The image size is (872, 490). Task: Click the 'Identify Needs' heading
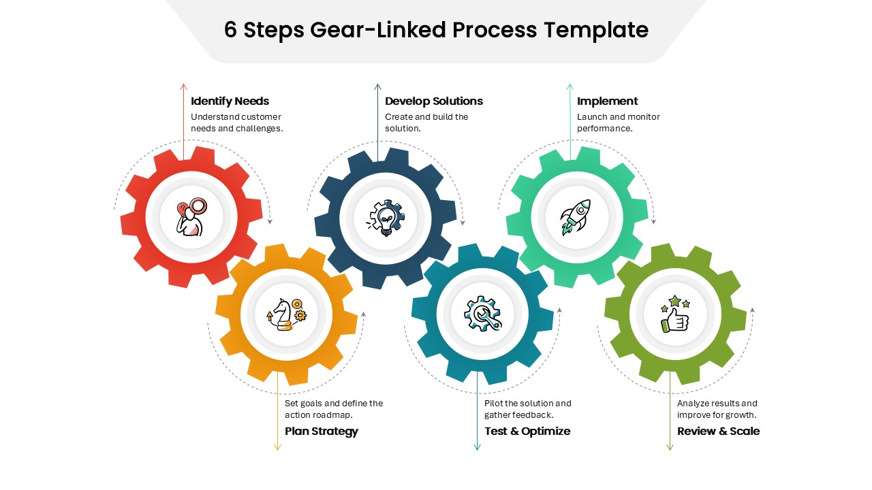(230, 101)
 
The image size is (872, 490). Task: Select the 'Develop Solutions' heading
(433, 101)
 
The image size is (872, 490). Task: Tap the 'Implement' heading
(607, 101)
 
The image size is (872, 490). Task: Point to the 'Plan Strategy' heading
(321, 431)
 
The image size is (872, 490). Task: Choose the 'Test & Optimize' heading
(527, 431)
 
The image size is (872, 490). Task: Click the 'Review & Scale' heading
(718, 431)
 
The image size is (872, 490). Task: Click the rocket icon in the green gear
(576, 217)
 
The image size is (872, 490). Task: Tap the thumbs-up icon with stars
(674, 314)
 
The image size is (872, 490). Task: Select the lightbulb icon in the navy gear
(386, 218)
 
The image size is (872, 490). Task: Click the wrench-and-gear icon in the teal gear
(482, 314)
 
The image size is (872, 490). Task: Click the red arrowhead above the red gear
(183, 86)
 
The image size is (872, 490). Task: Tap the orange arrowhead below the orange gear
(277, 446)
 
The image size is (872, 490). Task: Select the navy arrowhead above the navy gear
(377, 86)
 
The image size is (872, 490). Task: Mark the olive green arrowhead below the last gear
(670, 446)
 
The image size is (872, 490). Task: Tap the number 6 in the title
(230, 30)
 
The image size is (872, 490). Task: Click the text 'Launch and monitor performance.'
(618, 122)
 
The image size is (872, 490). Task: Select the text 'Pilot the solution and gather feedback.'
(528, 409)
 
